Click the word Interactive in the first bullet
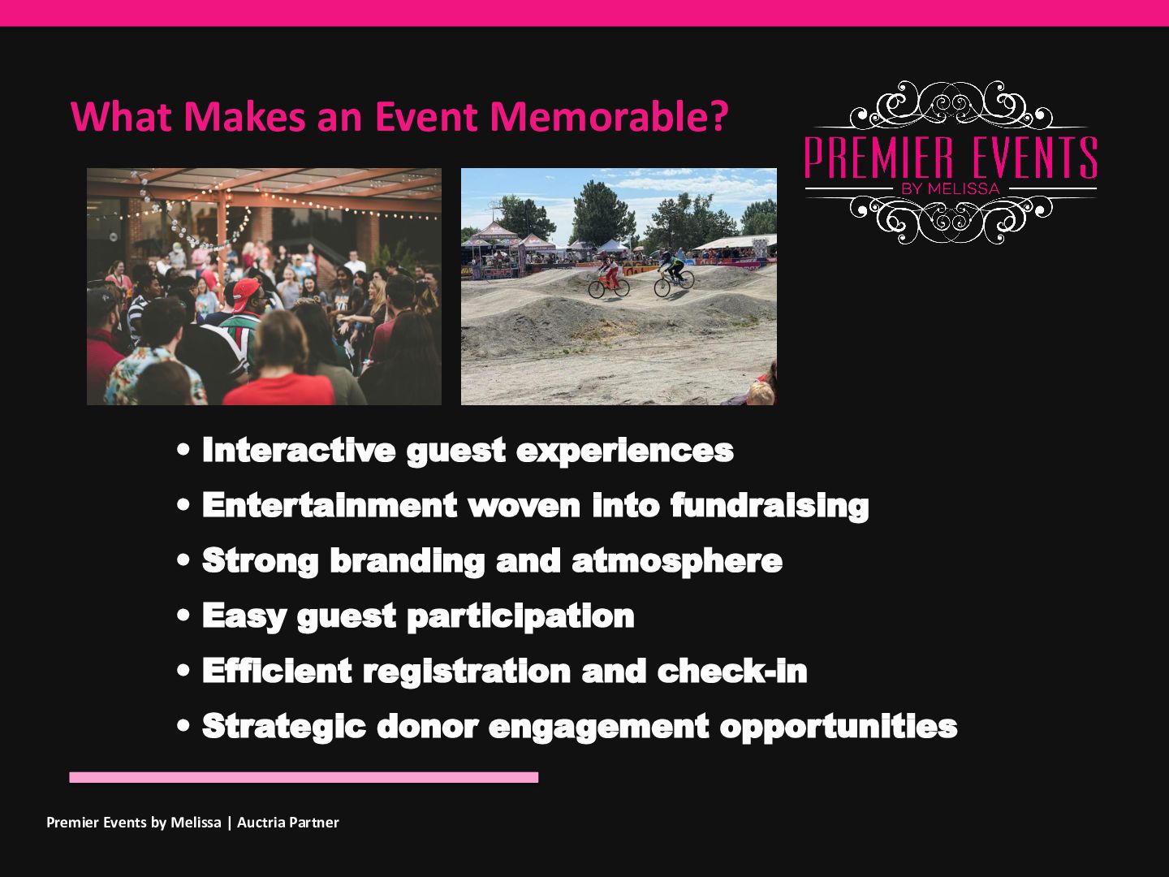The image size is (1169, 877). point(299,450)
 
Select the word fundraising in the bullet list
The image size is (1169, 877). point(770,506)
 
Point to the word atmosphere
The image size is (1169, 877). point(677,561)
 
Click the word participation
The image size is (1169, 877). point(521,616)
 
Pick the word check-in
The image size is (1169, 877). point(732,671)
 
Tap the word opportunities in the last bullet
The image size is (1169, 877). point(839,727)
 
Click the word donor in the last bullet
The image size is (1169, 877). point(428,726)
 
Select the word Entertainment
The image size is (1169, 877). point(330,505)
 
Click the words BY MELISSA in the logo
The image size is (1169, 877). point(951,188)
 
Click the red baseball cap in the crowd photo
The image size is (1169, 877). point(245,293)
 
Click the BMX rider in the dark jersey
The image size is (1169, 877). point(674,274)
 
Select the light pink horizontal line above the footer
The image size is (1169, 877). point(304,777)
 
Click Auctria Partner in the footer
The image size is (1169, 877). point(287,823)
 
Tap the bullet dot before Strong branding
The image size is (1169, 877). point(183,560)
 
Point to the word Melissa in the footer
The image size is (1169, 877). point(196,823)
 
